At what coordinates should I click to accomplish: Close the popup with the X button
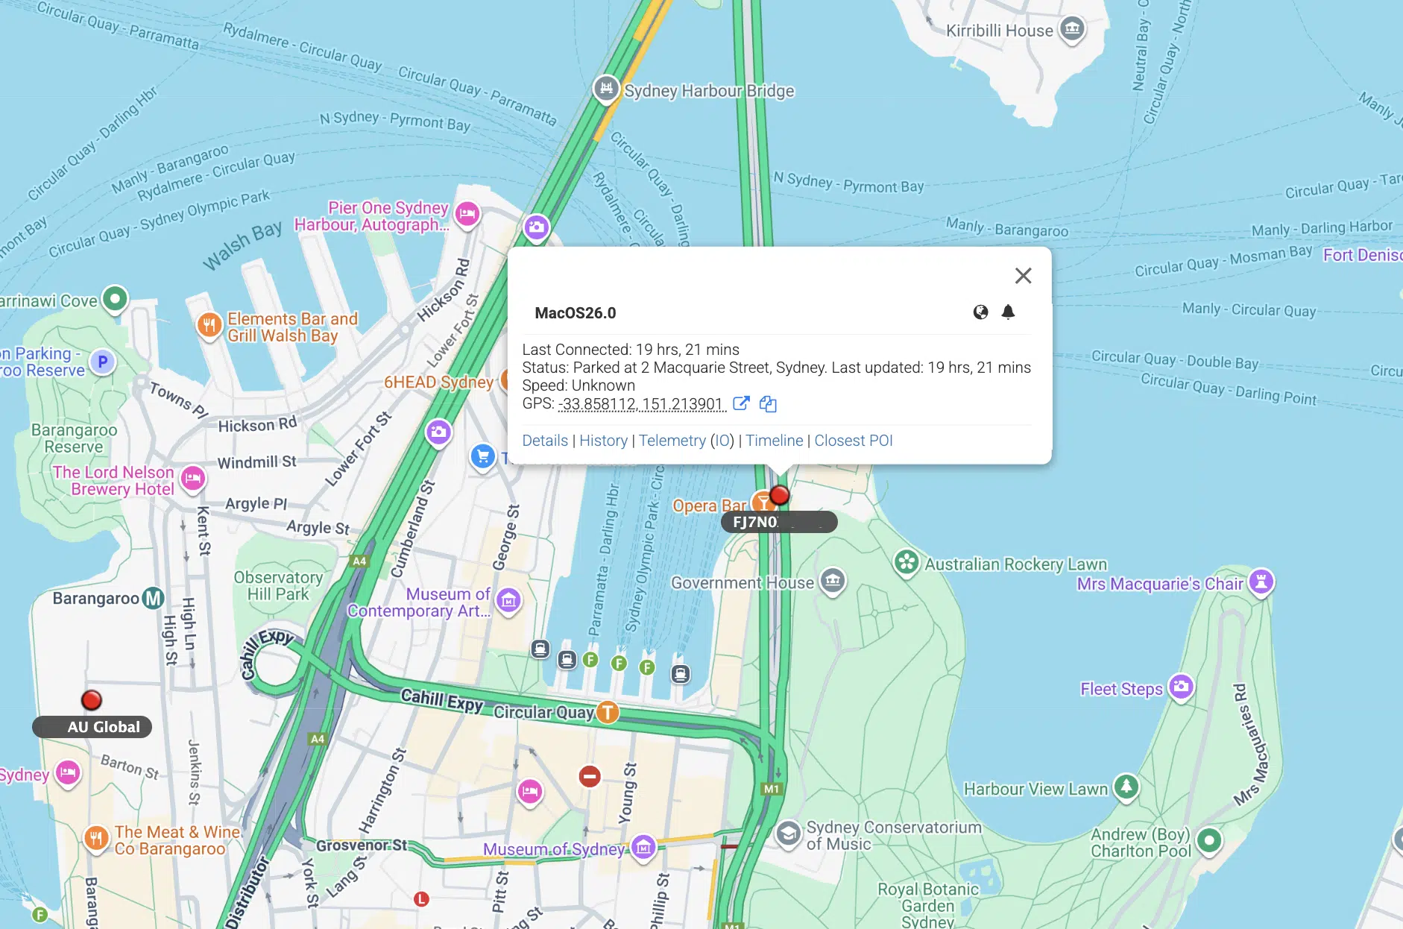(x=1023, y=276)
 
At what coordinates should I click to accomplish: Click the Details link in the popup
(x=545, y=441)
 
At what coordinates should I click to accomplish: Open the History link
(x=603, y=441)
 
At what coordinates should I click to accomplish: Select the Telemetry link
(x=672, y=441)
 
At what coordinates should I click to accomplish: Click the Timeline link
(x=774, y=441)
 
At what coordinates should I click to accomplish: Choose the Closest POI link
(x=853, y=441)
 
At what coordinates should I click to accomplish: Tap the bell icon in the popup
(x=1008, y=312)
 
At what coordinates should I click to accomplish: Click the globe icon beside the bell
(x=980, y=312)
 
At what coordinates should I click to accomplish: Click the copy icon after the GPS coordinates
(x=768, y=404)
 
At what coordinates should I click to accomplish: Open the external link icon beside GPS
(x=740, y=403)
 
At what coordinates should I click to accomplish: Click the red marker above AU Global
(x=92, y=700)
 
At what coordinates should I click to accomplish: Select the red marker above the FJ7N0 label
(x=779, y=495)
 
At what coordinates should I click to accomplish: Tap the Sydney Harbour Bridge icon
(x=607, y=89)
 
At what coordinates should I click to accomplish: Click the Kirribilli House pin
(x=1072, y=29)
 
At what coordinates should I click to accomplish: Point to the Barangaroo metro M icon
(x=153, y=598)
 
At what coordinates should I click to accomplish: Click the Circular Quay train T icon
(x=608, y=712)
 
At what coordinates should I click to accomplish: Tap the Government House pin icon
(x=832, y=580)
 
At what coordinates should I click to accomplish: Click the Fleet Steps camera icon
(x=1181, y=686)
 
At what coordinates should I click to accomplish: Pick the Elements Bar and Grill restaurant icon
(x=209, y=324)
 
